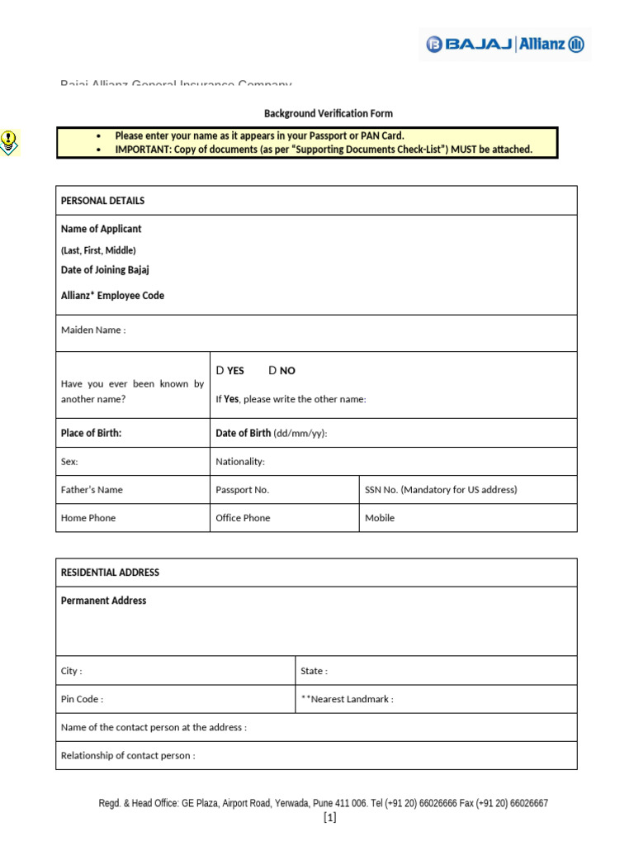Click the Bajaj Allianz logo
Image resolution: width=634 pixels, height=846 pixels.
(505, 45)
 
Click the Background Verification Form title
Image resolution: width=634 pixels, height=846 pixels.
(328, 113)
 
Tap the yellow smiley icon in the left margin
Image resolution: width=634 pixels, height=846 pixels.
(8, 142)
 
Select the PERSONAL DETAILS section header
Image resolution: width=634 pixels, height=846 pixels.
(102, 201)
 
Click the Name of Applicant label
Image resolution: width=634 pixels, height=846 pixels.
(101, 229)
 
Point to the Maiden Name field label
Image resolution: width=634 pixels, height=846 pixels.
(93, 330)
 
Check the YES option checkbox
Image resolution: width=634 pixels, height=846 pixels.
(220, 371)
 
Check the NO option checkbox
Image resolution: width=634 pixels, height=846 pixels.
(272, 371)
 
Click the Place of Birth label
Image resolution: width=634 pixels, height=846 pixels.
(91, 433)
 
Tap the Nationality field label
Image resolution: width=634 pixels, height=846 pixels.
(240, 462)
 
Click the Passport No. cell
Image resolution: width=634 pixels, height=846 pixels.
(243, 489)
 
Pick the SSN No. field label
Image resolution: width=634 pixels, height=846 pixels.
(441, 489)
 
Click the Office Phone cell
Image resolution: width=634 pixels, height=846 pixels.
(243, 518)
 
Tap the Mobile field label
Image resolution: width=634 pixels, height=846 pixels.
(380, 518)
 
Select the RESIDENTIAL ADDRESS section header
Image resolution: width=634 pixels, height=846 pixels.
(110, 573)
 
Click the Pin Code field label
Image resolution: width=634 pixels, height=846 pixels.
(82, 699)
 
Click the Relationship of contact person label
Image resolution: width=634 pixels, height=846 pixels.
(128, 755)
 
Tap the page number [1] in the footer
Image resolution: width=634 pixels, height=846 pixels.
(330, 818)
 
